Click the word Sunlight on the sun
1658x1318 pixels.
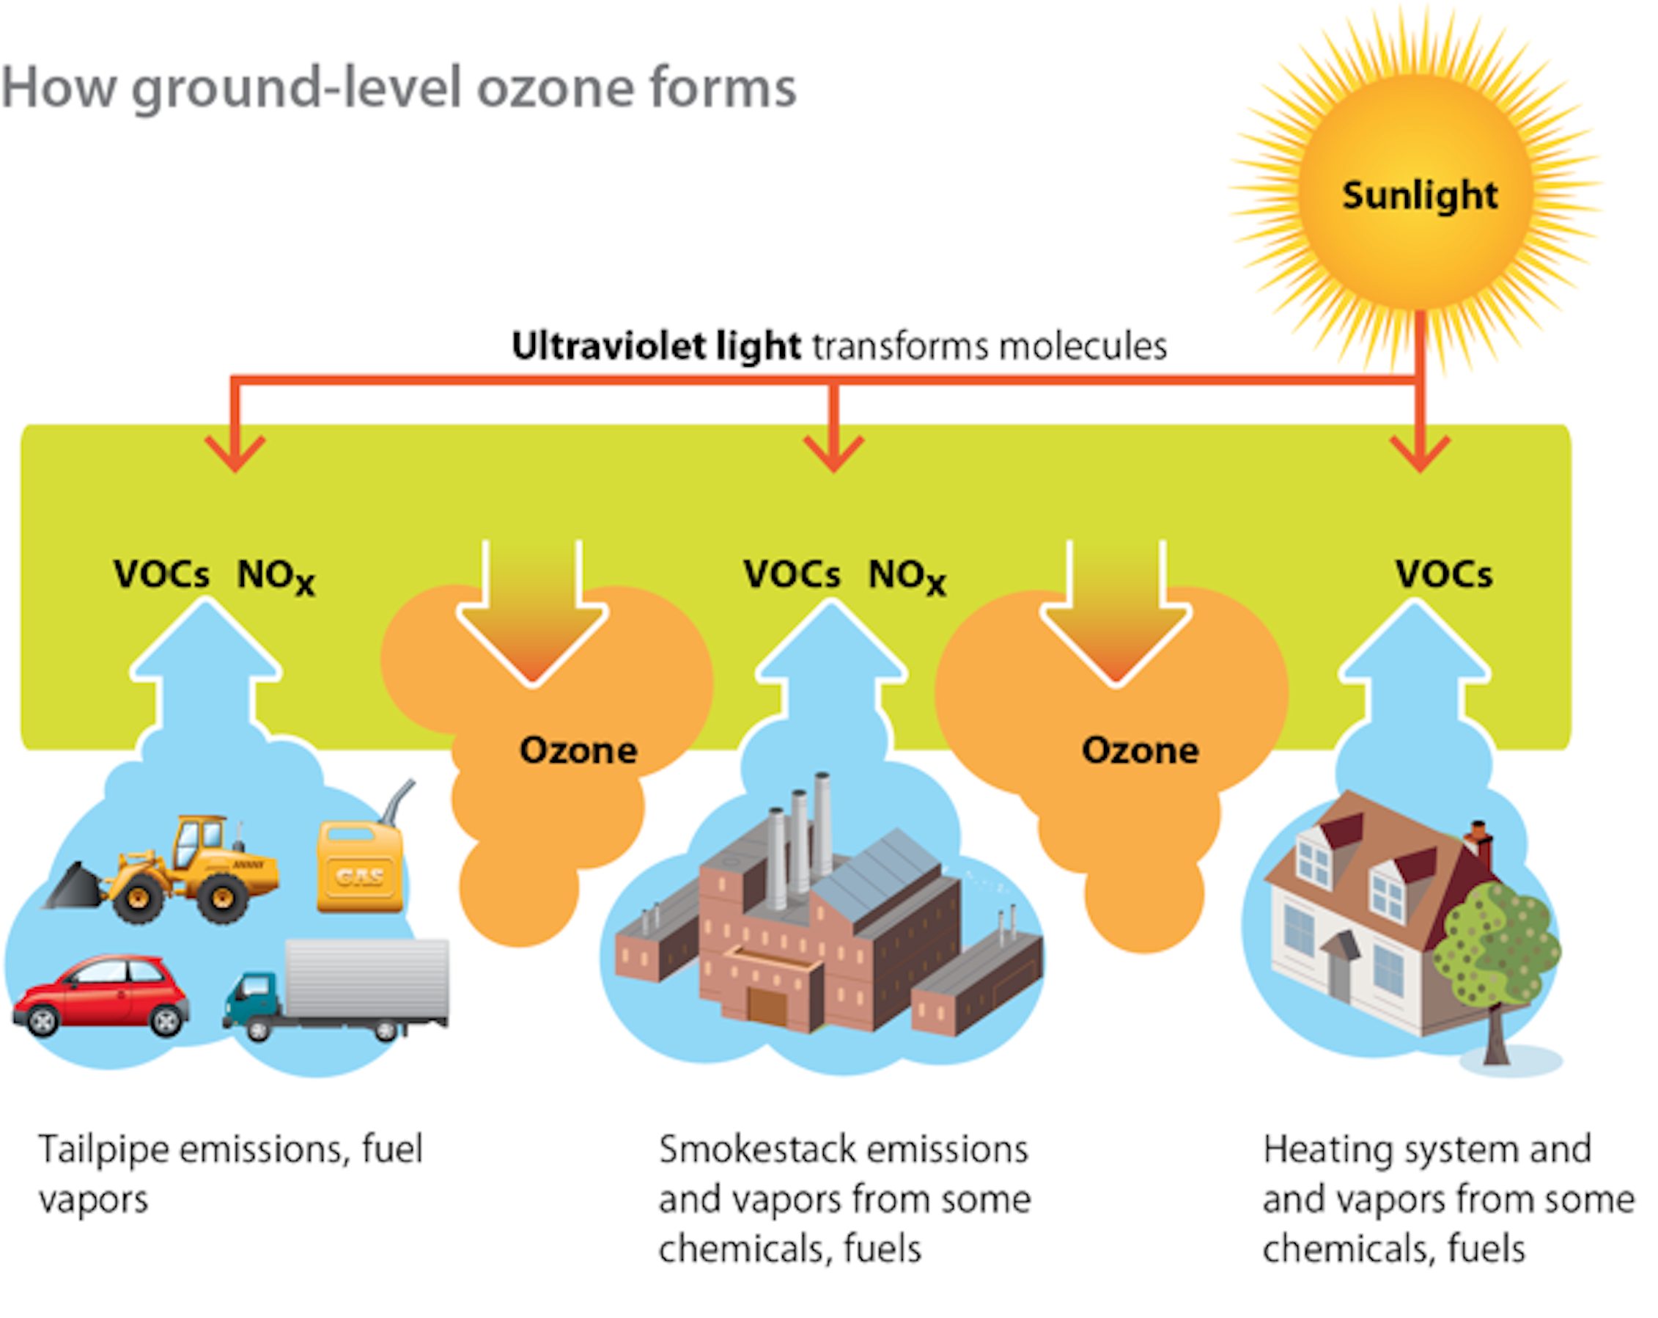click(x=1420, y=194)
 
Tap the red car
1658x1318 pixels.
click(x=100, y=995)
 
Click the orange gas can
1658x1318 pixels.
click(x=360, y=865)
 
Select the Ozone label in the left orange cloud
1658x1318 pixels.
click(x=578, y=750)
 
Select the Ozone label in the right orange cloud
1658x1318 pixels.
click(x=1140, y=750)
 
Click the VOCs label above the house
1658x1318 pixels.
click(x=1443, y=574)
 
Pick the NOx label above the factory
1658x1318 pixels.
click(x=906, y=576)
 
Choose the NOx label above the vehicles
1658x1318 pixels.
click(x=276, y=576)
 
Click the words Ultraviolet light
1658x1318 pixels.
click(x=656, y=346)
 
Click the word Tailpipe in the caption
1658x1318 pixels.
click(x=104, y=1149)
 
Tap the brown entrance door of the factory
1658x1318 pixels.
click(x=767, y=1007)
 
